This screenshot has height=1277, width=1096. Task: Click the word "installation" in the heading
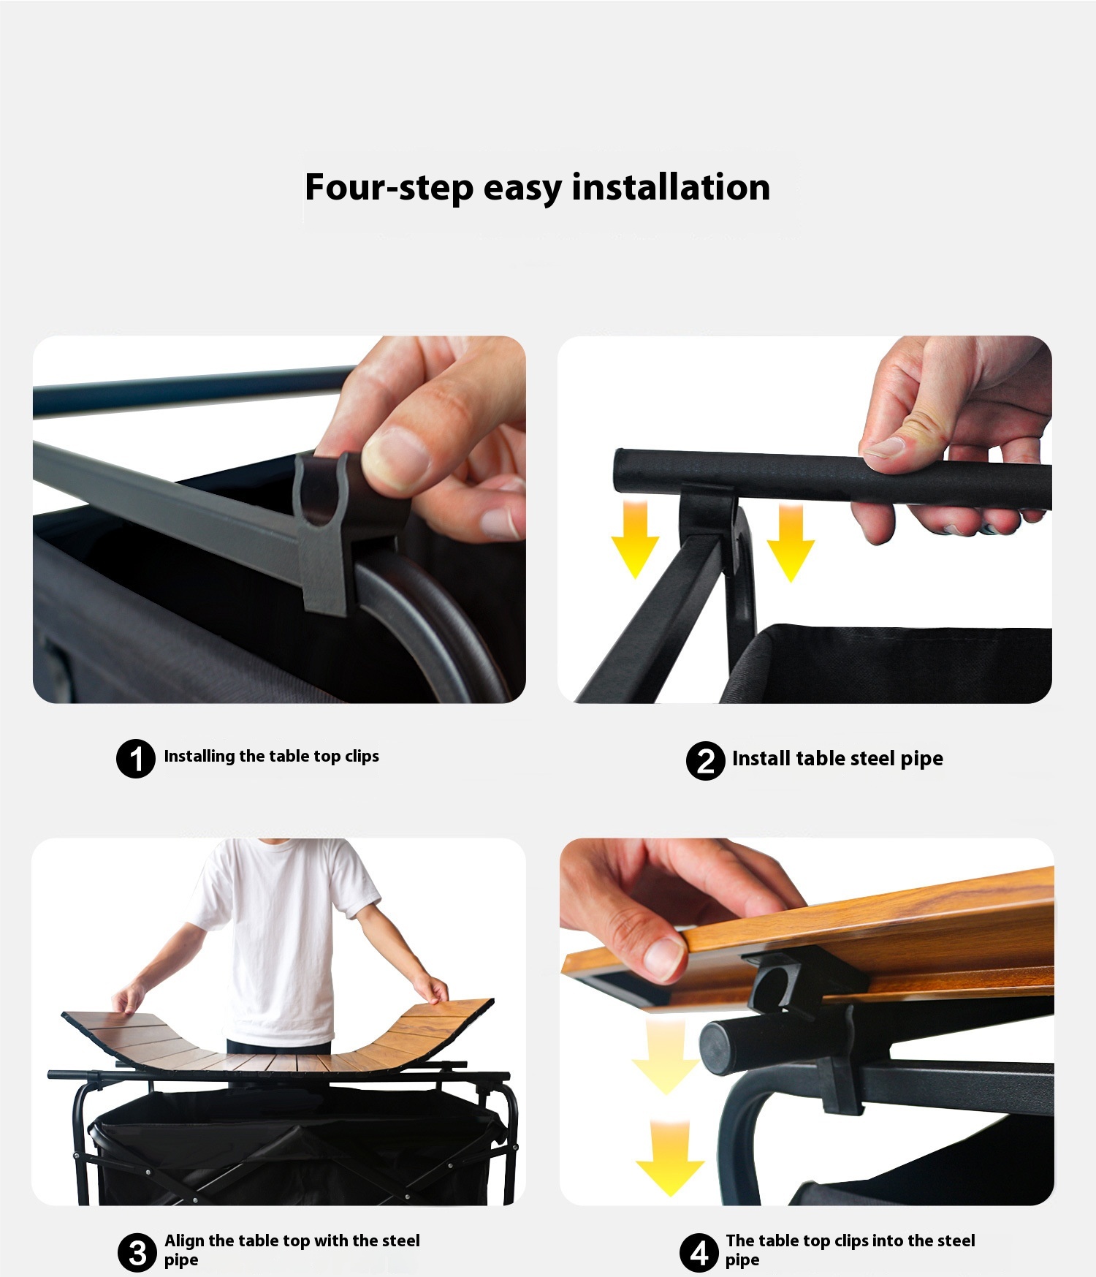point(671,187)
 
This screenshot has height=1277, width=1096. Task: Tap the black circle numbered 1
point(136,758)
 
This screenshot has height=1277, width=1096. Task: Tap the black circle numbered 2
point(705,761)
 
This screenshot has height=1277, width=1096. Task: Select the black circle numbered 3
point(137,1252)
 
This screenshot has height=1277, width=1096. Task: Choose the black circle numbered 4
point(699,1252)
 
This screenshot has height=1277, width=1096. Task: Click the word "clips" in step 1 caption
point(362,757)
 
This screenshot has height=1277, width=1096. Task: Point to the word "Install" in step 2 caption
point(761,759)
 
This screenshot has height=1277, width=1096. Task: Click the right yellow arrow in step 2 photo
point(791,542)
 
